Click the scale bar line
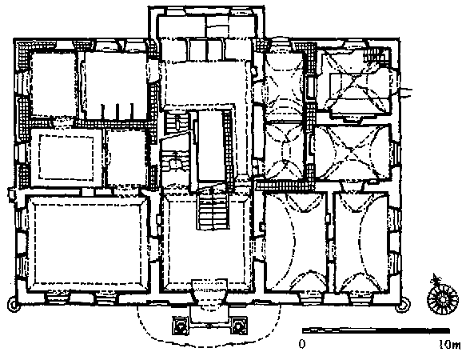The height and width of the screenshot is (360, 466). [376, 330]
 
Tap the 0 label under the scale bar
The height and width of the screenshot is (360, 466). [302, 344]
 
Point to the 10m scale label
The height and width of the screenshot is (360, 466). [450, 345]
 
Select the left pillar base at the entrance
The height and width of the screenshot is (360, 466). [181, 326]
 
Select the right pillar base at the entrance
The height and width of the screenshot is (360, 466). [239, 326]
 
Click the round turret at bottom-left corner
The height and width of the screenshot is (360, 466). [14, 304]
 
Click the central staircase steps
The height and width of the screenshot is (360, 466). [213, 210]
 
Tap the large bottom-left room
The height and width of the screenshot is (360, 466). [87, 243]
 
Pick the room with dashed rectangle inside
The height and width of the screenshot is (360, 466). [66, 158]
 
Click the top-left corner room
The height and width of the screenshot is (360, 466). [54, 85]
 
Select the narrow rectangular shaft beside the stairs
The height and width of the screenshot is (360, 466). [210, 145]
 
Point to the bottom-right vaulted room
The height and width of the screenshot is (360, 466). [361, 242]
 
